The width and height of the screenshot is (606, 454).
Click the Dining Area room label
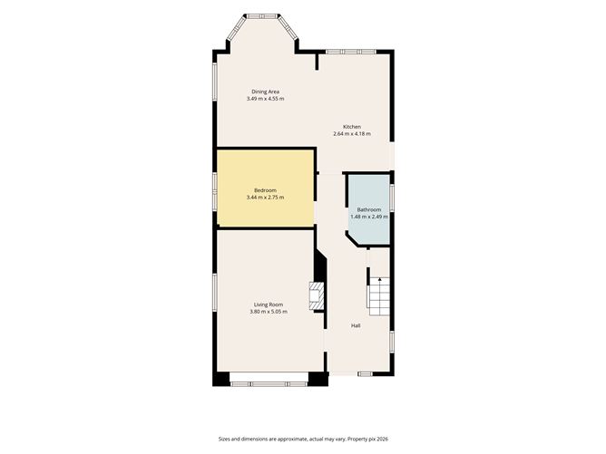point(265,92)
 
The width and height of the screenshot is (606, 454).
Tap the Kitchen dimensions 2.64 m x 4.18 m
point(352,134)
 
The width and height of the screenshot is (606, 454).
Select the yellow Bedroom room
point(265,188)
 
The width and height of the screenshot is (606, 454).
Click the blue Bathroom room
point(370,208)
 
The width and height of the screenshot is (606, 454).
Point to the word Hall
point(356,326)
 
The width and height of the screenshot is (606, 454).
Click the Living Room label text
point(269,304)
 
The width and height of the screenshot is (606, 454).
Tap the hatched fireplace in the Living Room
point(316,295)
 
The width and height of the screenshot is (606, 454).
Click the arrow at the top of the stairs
point(379,279)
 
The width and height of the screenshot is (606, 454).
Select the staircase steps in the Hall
point(379,295)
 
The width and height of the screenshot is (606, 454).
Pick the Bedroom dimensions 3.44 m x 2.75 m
point(265,198)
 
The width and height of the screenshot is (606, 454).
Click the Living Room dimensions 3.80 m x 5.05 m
point(269,312)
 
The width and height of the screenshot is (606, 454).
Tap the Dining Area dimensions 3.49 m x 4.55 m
point(265,99)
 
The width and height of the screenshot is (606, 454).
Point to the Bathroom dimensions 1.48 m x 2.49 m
point(369,217)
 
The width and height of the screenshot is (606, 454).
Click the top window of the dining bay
point(262,16)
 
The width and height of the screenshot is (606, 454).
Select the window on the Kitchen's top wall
point(350,52)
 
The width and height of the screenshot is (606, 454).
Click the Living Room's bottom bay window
point(269,384)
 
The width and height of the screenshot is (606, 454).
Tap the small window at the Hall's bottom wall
point(365,373)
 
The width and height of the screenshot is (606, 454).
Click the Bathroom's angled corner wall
point(353,238)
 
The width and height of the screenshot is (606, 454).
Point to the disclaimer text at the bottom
point(303,439)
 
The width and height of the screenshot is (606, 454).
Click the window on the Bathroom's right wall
point(392,198)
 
